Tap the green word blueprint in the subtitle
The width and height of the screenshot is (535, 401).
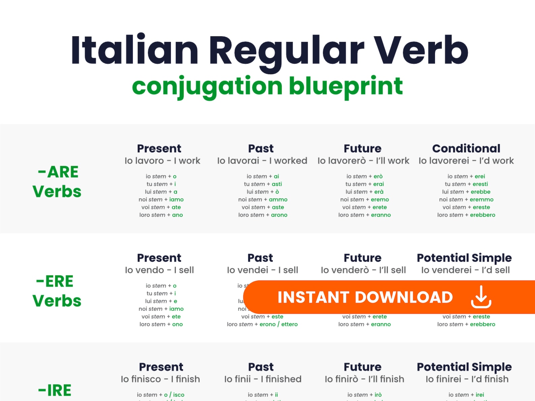tap(346, 86)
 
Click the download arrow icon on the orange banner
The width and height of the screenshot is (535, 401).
tap(481, 297)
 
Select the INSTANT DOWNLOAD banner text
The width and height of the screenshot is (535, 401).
tap(365, 297)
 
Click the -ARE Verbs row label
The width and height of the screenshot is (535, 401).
tap(57, 181)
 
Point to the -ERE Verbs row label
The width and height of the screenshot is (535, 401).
tap(57, 291)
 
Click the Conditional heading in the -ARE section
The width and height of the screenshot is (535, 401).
tap(466, 148)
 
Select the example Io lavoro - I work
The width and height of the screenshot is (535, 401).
tap(162, 161)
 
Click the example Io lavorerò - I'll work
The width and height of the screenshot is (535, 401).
tap(363, 161)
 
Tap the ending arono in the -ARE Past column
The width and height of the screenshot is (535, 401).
tap(279, 215)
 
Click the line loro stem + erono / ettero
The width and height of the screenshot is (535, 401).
tap(262, 325)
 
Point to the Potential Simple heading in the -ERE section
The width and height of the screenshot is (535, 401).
tap(464, 258)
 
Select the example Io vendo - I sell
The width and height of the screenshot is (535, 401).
tap(159, 270)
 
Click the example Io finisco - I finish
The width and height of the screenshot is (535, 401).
tap(160, 379)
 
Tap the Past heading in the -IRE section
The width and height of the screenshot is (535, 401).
tap(261, 367)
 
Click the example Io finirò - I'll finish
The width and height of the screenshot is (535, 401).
tap(364, 379)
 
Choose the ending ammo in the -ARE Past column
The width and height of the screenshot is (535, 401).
tap(278, 200)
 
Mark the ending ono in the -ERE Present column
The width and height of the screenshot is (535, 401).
tap(177, 325)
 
